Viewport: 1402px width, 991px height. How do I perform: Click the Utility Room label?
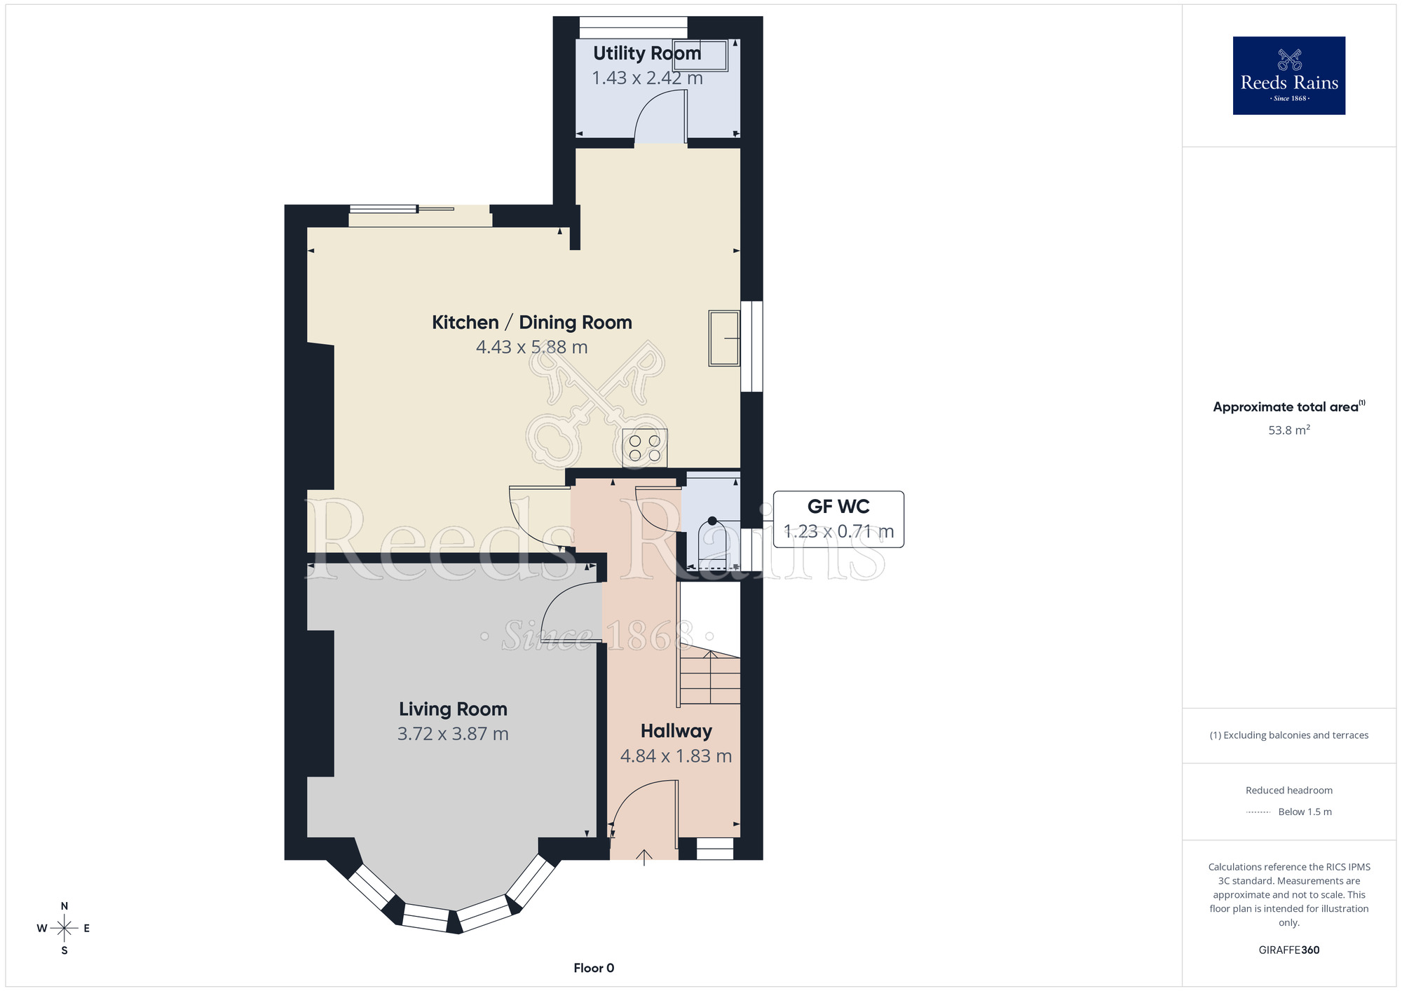(646, 53)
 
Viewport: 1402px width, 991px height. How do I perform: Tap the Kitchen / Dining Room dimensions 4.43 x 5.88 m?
(531, 347)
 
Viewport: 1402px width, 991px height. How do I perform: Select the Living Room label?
(453, 709)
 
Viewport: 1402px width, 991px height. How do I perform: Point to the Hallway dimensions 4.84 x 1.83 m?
(676, 756)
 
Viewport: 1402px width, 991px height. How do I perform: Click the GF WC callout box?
(838, 519)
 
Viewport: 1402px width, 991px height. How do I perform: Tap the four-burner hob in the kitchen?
(645, 449)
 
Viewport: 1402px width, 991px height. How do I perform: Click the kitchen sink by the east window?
(724, 339)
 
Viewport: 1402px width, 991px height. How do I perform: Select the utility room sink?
(700, 55)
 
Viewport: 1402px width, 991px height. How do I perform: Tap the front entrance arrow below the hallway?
(644, 857)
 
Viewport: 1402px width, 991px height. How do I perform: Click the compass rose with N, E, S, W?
(64, 928)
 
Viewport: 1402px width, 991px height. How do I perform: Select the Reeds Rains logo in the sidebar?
(1288, 76)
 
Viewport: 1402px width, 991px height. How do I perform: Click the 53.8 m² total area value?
(1288, 430)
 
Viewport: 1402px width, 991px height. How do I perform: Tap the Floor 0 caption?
(594, 968)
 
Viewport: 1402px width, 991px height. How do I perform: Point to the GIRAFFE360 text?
(1288, 950)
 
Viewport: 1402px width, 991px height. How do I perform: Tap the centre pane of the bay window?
(425, 917)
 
